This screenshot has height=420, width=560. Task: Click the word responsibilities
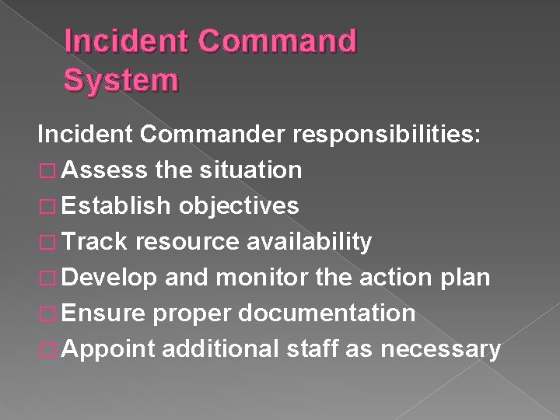pyautogui.click(x=391, y=134)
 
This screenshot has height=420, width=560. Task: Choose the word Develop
pyautogui.click(x=110, y=278)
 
